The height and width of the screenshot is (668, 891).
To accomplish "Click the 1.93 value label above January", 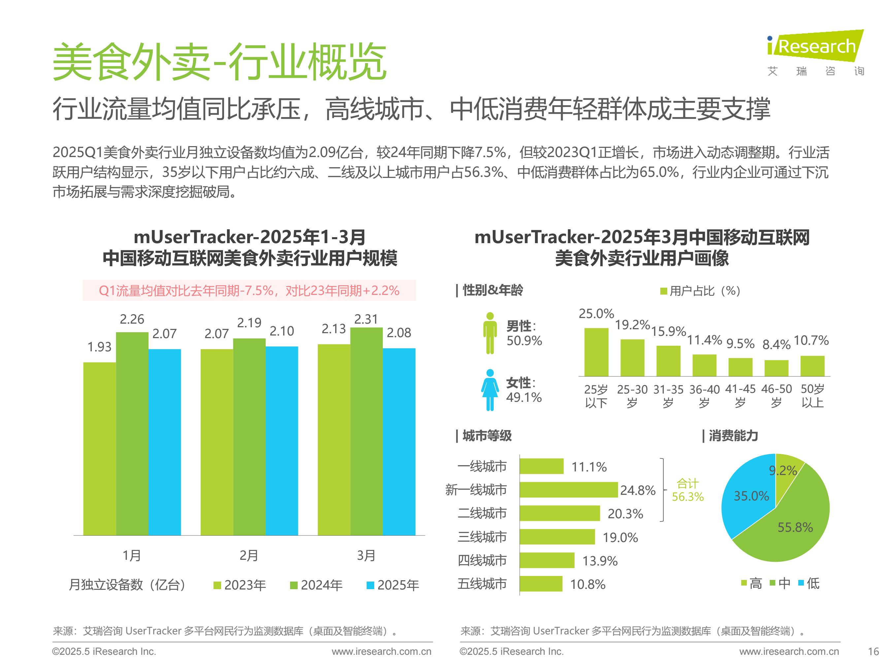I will pos(99,347).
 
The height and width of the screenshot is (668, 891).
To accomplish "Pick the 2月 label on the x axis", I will pos(248,556).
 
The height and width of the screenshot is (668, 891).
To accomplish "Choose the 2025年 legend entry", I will pos(393,585).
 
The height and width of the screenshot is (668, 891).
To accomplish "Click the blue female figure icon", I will pos(490,390).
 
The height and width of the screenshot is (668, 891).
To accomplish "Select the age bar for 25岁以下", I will pos(596,352).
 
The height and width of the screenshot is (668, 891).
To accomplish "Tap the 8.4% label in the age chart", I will pos(776,345).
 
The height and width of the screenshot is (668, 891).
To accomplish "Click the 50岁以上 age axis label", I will pos(812,396).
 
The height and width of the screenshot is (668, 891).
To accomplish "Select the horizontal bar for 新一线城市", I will pos(568,490).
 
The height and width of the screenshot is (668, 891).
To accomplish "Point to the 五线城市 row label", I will pos(482,584).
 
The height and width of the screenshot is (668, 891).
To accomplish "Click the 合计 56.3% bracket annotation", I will pos(688,490).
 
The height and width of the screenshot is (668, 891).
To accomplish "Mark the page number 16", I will pos(873,652).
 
